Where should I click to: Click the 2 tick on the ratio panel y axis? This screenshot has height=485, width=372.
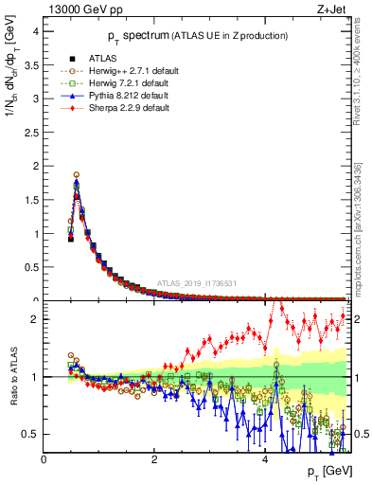coord(33,319)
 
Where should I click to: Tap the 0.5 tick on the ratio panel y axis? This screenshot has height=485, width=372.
coord(30,434)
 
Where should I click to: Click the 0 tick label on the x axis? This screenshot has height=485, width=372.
coord(44,459)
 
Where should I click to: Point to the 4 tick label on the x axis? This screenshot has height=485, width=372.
coord(264,459)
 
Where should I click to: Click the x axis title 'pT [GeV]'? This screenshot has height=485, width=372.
coord(328,472)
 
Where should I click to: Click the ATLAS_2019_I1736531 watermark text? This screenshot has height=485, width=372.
coord(197,282)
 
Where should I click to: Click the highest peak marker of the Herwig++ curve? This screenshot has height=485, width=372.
coord(76,174)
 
